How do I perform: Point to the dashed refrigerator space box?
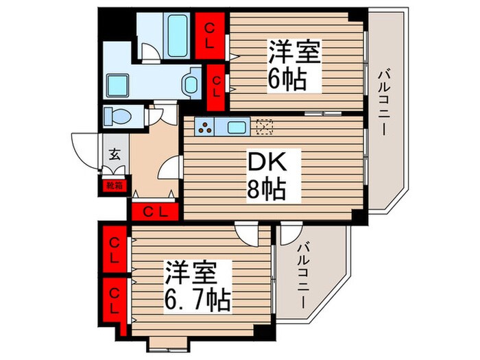pos(264,126)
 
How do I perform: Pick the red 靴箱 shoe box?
pos(115,184)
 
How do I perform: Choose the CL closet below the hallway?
pos(154,211)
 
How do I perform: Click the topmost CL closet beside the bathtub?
pos(211,34)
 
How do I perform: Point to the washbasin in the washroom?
pos(190,84)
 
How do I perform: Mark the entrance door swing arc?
pos(82,147)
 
